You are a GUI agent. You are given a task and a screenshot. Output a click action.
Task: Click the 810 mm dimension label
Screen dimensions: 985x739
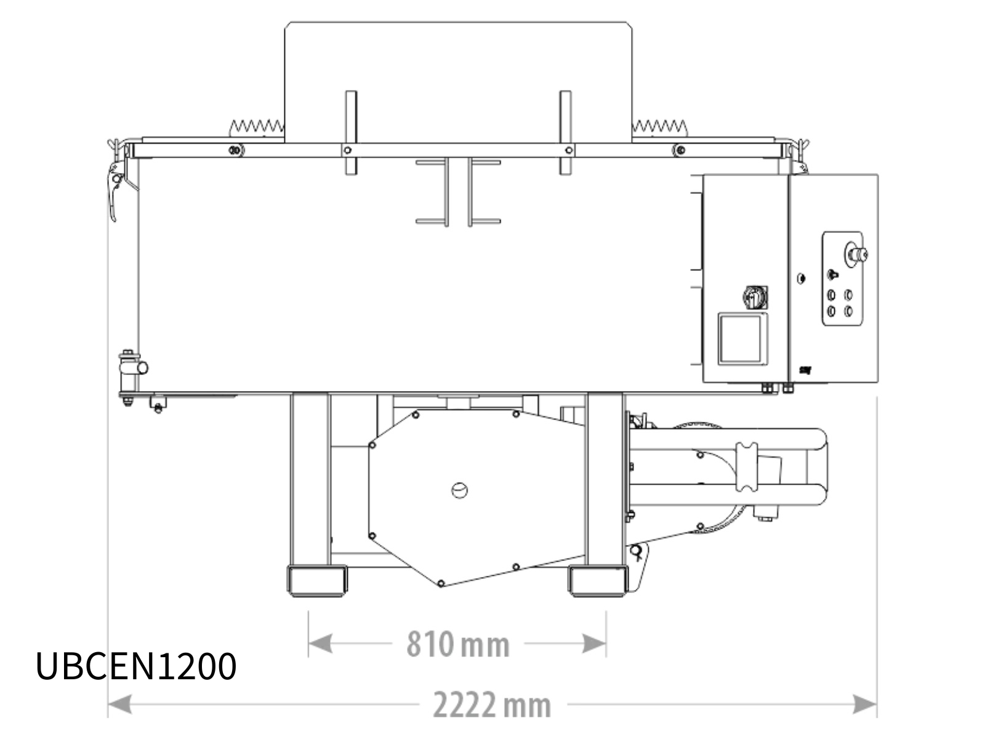pos(458,644)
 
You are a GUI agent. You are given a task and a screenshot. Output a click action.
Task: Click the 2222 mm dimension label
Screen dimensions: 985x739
pos(492,705)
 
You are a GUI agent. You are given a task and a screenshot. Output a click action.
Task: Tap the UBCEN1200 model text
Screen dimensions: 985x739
pos(135,666)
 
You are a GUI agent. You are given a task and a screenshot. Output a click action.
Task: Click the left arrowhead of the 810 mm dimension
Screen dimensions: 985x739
pos(320,644)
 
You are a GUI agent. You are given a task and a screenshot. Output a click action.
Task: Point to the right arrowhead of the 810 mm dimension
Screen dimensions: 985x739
pos(594,644)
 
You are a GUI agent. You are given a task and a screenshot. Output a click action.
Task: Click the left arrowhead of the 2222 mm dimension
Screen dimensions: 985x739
pos(120,704)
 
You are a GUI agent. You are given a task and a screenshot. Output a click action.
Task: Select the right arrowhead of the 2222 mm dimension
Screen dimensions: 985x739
pos(865,704)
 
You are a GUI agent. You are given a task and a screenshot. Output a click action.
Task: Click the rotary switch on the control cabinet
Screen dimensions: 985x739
pos(755,297)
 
